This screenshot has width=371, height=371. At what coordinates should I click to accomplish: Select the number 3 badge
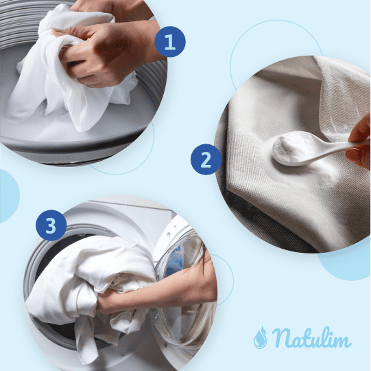51,225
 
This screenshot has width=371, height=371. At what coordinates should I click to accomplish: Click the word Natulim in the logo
311,338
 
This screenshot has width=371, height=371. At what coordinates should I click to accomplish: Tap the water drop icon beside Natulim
260,337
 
